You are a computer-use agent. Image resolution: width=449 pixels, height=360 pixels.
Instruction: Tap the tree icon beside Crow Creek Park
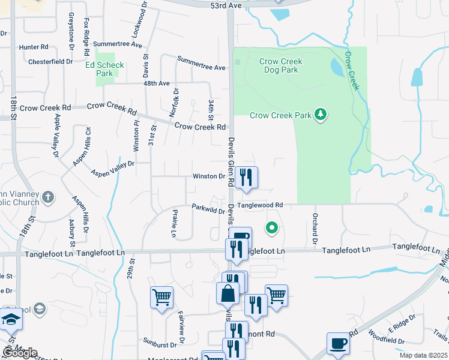tap(321, 114)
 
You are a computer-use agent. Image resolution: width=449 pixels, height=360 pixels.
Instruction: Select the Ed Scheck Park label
tap(104, 69)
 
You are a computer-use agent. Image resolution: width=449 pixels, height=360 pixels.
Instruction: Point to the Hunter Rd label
tap(34, 47)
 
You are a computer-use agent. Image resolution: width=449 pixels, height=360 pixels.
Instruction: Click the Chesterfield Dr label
tap(50, 61)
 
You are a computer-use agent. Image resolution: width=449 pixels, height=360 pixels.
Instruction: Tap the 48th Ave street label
tap(157, 83)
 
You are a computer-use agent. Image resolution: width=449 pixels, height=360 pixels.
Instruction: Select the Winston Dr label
tap(208, 176)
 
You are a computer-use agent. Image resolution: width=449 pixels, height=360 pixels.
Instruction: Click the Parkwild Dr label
tap(208, 209)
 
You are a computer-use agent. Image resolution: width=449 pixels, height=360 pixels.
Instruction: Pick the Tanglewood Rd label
tap(259, 205)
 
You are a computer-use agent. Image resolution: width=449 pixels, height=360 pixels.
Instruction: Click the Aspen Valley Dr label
tap(112, 167)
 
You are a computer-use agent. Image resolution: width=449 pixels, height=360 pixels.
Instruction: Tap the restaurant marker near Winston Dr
tap(246, 178)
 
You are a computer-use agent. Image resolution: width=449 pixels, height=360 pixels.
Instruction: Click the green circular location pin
tap(272, 228)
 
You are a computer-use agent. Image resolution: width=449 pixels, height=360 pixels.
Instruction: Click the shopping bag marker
tap(228, 295)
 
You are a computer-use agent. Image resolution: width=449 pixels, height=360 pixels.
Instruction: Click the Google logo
tap(20, 353)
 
